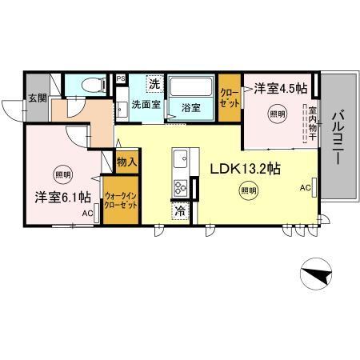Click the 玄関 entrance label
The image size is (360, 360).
(x=38, y=98)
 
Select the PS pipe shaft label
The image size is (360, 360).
(x=121, y=78)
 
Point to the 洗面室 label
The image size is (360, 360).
(x=146, y=105)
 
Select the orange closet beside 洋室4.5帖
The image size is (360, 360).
(x=229, y=98)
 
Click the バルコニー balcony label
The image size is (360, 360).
(x=338, y=135)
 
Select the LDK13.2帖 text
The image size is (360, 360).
(x=244, y=169)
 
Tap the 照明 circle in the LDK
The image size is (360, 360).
(x=249, y=190)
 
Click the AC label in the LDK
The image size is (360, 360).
(x=305, y=188)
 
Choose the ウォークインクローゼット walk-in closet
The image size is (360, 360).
(x=121, y=199)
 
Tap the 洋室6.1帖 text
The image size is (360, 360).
(x=62, y=196)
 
